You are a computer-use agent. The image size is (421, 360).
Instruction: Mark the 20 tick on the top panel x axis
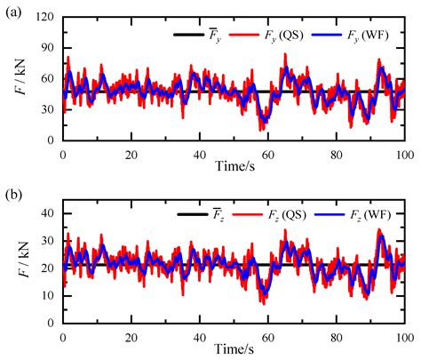(x=131, y=154)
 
